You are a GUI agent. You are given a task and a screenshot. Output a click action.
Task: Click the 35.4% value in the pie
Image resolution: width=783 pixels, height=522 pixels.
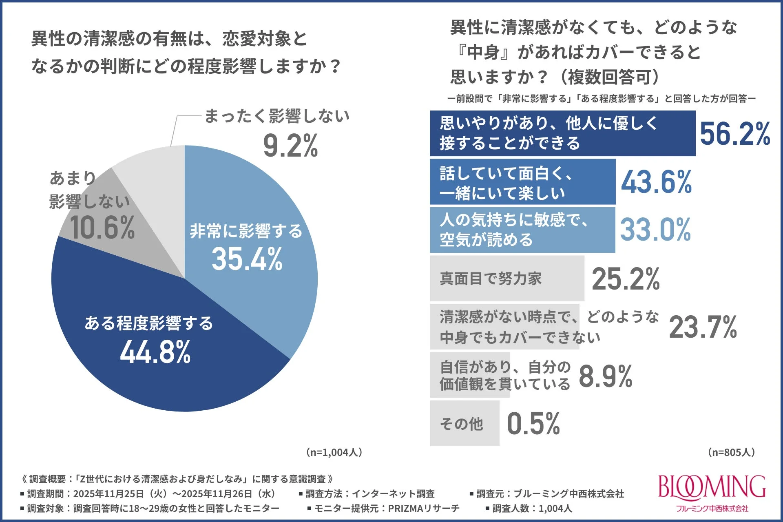(247, 259)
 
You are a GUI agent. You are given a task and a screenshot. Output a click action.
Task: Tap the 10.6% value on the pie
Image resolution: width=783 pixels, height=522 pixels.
(102, 228)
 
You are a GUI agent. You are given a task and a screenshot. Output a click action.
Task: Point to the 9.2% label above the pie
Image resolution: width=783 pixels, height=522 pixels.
(290, 146)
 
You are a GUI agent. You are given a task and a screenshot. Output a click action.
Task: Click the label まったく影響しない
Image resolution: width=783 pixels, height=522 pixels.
(276, 116)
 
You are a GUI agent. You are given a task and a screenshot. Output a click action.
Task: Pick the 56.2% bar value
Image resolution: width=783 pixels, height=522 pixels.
(734, 134)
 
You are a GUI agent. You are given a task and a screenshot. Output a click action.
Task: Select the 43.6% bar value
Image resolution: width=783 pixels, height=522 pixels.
(656, 182)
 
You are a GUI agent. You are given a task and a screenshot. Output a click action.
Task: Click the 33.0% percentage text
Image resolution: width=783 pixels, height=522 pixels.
(655, 230)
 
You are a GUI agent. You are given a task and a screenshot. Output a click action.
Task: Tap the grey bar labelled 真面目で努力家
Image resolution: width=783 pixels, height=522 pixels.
(507, 279)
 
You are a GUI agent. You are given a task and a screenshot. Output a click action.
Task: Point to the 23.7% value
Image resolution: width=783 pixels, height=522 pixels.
(703, 327)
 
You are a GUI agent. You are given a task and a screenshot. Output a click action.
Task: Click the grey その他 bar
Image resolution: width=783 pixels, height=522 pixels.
(464, 423)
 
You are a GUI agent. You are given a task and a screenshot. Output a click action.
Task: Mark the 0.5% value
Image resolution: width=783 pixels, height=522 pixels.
(533, 423)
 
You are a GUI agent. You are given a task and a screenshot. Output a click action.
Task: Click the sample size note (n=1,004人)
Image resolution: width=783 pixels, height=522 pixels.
(334, 452)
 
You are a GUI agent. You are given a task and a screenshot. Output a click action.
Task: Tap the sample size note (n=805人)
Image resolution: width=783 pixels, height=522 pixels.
(731, 452)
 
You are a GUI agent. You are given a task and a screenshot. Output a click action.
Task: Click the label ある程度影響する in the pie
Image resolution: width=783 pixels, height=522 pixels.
(149, 323)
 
